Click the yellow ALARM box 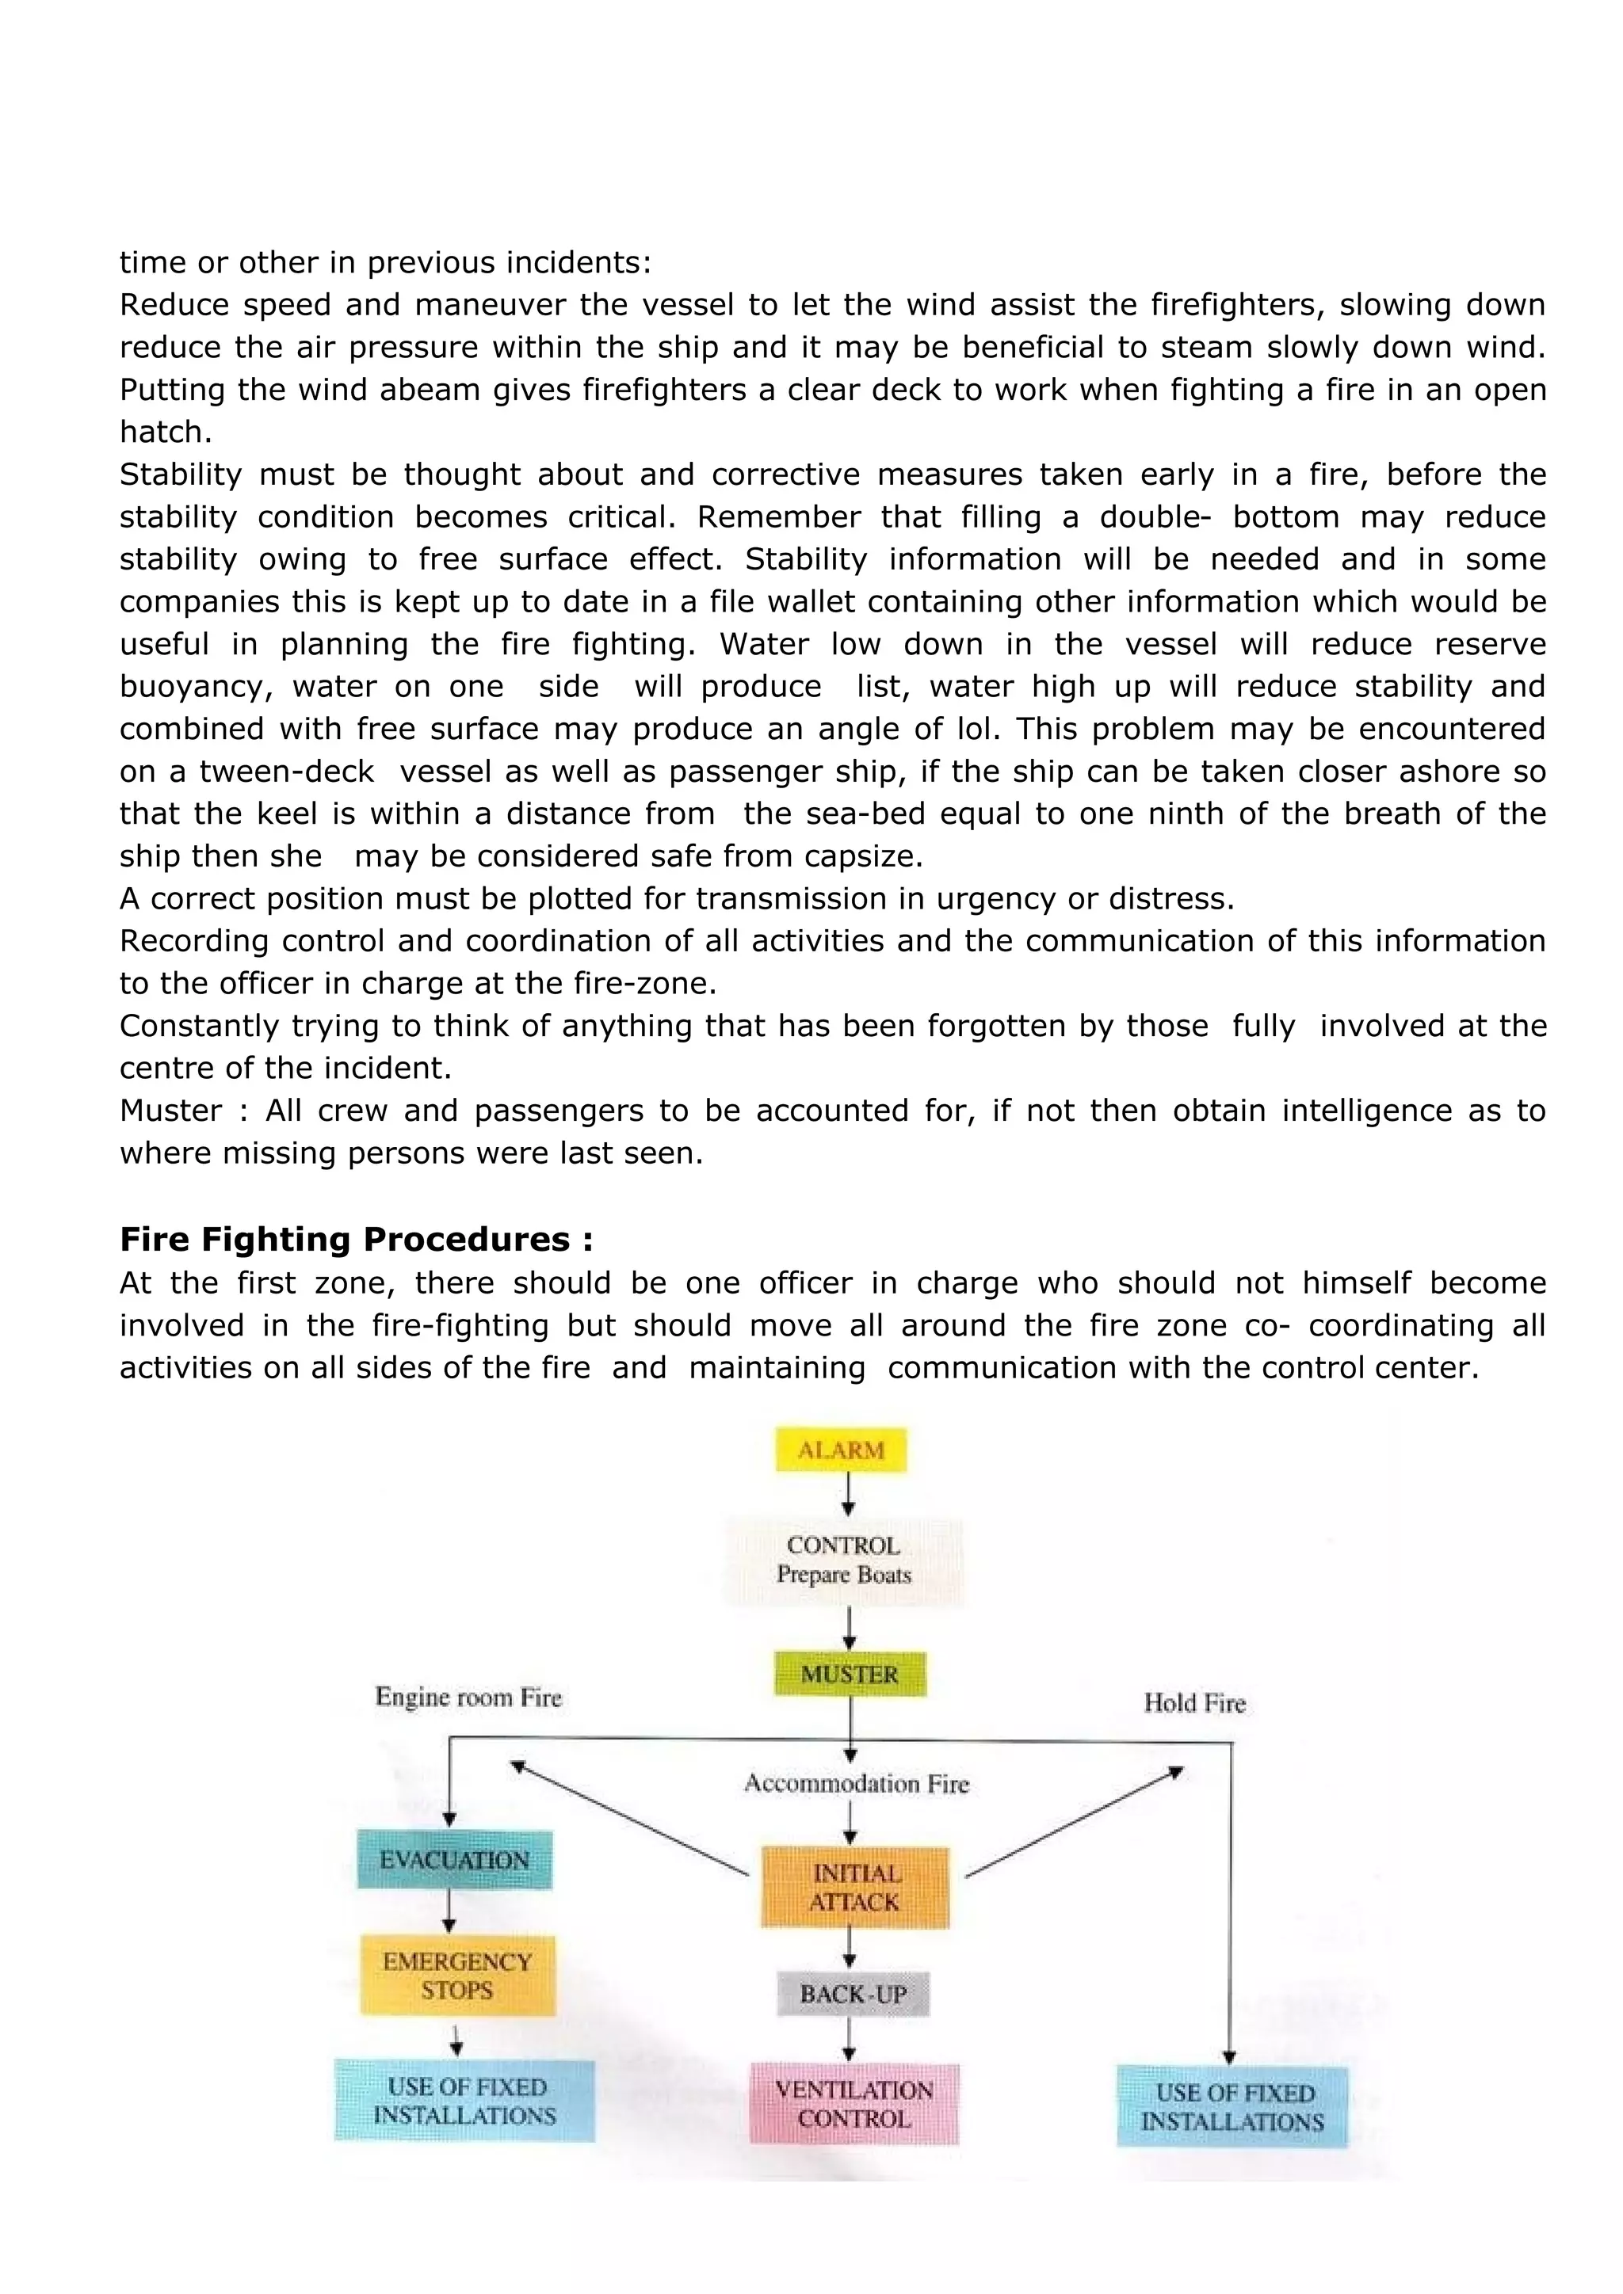(x=842, y=1450)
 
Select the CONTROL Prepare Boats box (x=845, y=1560)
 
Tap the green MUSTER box (x=850, y=1675)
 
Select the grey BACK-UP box (x=853, y=1995)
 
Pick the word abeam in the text (x=430, y=390)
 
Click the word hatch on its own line (x=165, y=432)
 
